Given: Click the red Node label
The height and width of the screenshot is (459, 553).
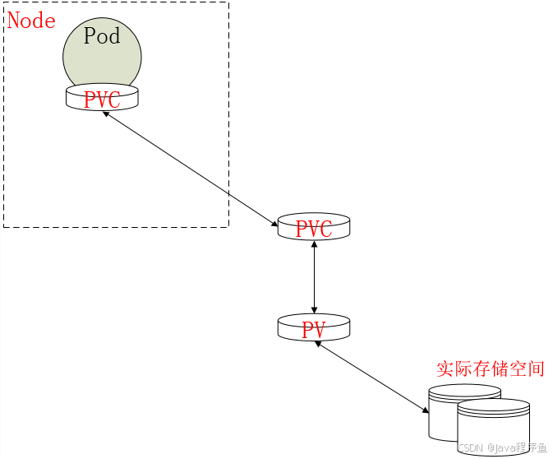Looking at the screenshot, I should point(31,21).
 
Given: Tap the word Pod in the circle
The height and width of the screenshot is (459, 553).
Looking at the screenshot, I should point(102,36).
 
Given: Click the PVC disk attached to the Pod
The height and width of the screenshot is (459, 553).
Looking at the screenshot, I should point(102,99).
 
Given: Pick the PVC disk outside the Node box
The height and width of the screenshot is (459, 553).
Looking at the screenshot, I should point(313,228).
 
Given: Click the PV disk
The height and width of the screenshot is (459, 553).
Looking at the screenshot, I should point(313,329).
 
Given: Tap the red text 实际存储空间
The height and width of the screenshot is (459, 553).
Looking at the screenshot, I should point(491,369).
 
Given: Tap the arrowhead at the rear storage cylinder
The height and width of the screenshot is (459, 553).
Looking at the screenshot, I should point(425,410).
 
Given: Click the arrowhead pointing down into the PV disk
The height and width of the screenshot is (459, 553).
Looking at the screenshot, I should point(314,309).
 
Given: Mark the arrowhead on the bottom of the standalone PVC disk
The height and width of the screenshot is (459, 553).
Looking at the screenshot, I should point(314,244).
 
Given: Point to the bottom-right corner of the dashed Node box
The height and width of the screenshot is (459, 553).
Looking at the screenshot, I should point(228,226).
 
